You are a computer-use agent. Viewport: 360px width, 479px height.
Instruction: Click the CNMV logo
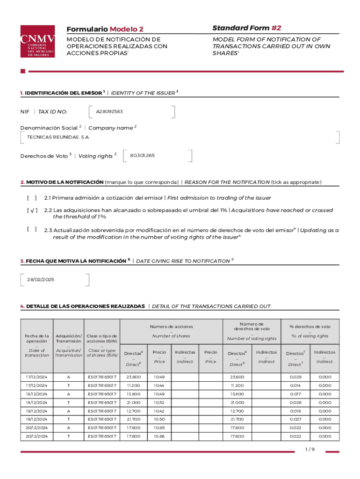(x=37, y=41)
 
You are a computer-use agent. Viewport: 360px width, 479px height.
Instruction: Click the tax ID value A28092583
(x=109, y=112)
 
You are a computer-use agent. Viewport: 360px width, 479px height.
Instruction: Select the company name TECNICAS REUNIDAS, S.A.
(x=59, y=137)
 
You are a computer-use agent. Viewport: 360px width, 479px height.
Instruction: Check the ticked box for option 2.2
(x=32, y=210)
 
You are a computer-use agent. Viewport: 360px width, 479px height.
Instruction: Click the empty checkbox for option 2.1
(x=32, y=198)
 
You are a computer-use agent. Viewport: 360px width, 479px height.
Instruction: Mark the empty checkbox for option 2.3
(x=32, y=229)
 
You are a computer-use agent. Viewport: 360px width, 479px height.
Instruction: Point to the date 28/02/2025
(x=41, y=279)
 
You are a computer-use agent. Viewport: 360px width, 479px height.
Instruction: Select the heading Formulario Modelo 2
(x=105, y=29)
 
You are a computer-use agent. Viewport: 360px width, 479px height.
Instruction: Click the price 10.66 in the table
(x=159, y=436)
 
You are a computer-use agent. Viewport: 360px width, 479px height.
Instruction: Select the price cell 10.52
(x=159, y=402)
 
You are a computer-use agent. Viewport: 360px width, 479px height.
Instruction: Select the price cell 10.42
(x=159, y=411)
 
